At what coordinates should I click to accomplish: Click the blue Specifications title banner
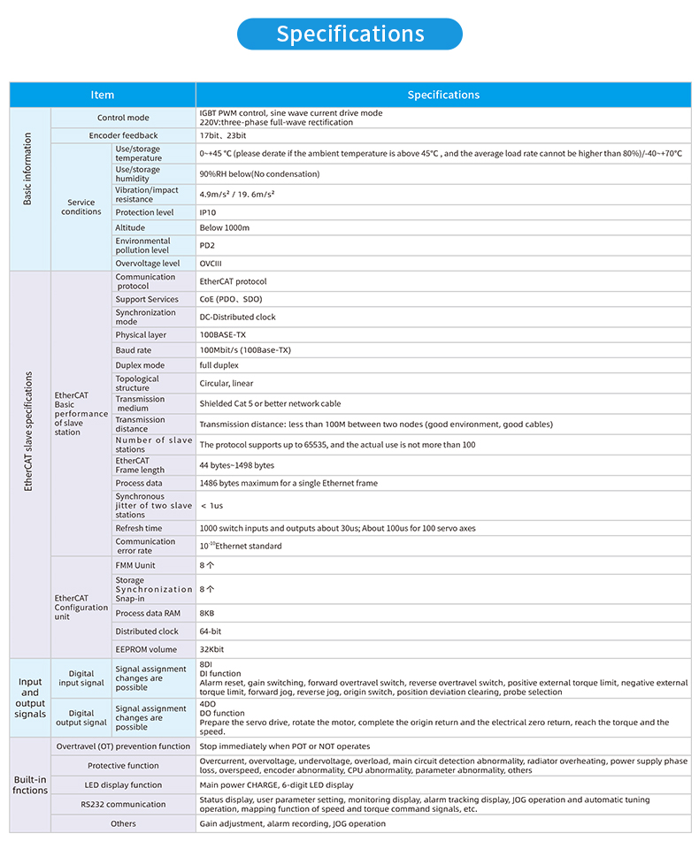(x=349, y=34)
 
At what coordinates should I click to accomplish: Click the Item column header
(x=103, y=95)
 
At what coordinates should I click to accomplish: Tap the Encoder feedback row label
(x=123, y=135)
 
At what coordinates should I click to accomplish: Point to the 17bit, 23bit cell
(x=222, y=135)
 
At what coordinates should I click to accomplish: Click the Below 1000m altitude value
(x=225, y=227)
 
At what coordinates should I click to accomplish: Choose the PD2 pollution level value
(x=207, y=245)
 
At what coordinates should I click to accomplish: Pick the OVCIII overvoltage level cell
(x=211, y=263)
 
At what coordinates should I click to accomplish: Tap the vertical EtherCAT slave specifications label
(x=27, y=432)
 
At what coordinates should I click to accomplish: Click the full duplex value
(x=219, y=365)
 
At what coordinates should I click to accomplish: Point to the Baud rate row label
(x=134, y=350)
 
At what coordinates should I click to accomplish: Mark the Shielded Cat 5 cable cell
(x=270, y=403)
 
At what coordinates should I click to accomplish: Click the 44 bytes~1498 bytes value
(x=236, y=465)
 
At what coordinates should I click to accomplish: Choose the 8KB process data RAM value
(x=207, y=613)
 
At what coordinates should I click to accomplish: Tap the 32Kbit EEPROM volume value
(x=212, y=649)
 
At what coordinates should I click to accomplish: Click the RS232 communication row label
(x=123, y=804)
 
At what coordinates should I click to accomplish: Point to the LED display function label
(x=123, y=784)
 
